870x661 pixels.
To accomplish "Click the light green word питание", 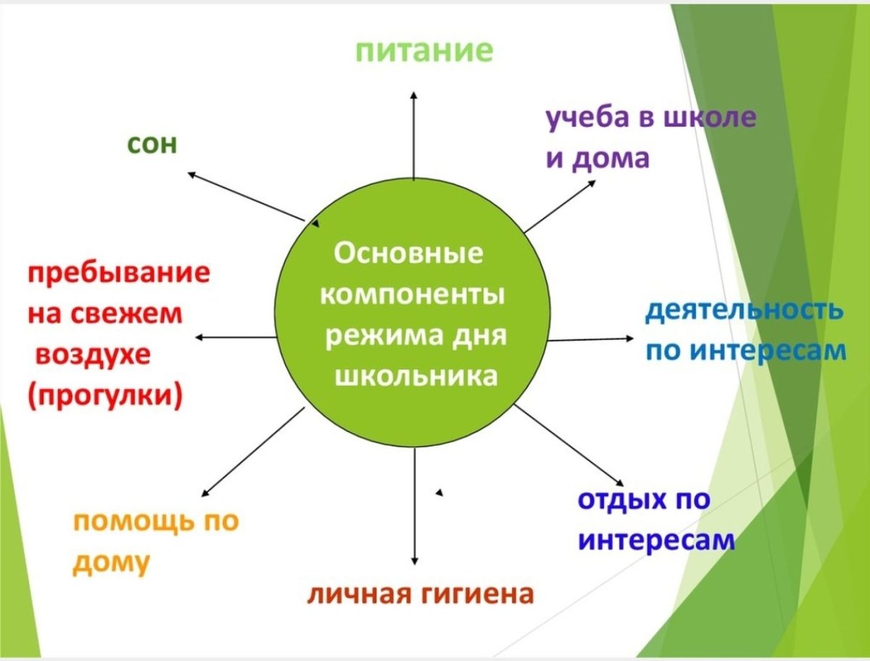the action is [x=424, y=52].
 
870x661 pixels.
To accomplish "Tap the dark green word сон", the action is [x=152, y=144].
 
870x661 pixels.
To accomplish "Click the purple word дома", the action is [x=610, y=159].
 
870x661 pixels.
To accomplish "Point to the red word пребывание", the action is [x=119, y=274].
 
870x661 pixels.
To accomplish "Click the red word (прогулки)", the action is [x=105, y=395].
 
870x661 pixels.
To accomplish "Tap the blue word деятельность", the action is [x=745, y=311].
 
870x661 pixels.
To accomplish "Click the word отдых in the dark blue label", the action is [x=622, y=500].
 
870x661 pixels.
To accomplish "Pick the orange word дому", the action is [x=111, y=564].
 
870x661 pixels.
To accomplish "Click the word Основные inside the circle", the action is [x=408, y=253].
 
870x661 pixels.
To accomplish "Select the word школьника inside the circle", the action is [x=416, y=375].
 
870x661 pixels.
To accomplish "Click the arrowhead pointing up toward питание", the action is [x=414, y=95].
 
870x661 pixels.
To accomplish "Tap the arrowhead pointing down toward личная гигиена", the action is [x=415, y=561].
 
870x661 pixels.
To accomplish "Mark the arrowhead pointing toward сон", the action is [x=191, y=173].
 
